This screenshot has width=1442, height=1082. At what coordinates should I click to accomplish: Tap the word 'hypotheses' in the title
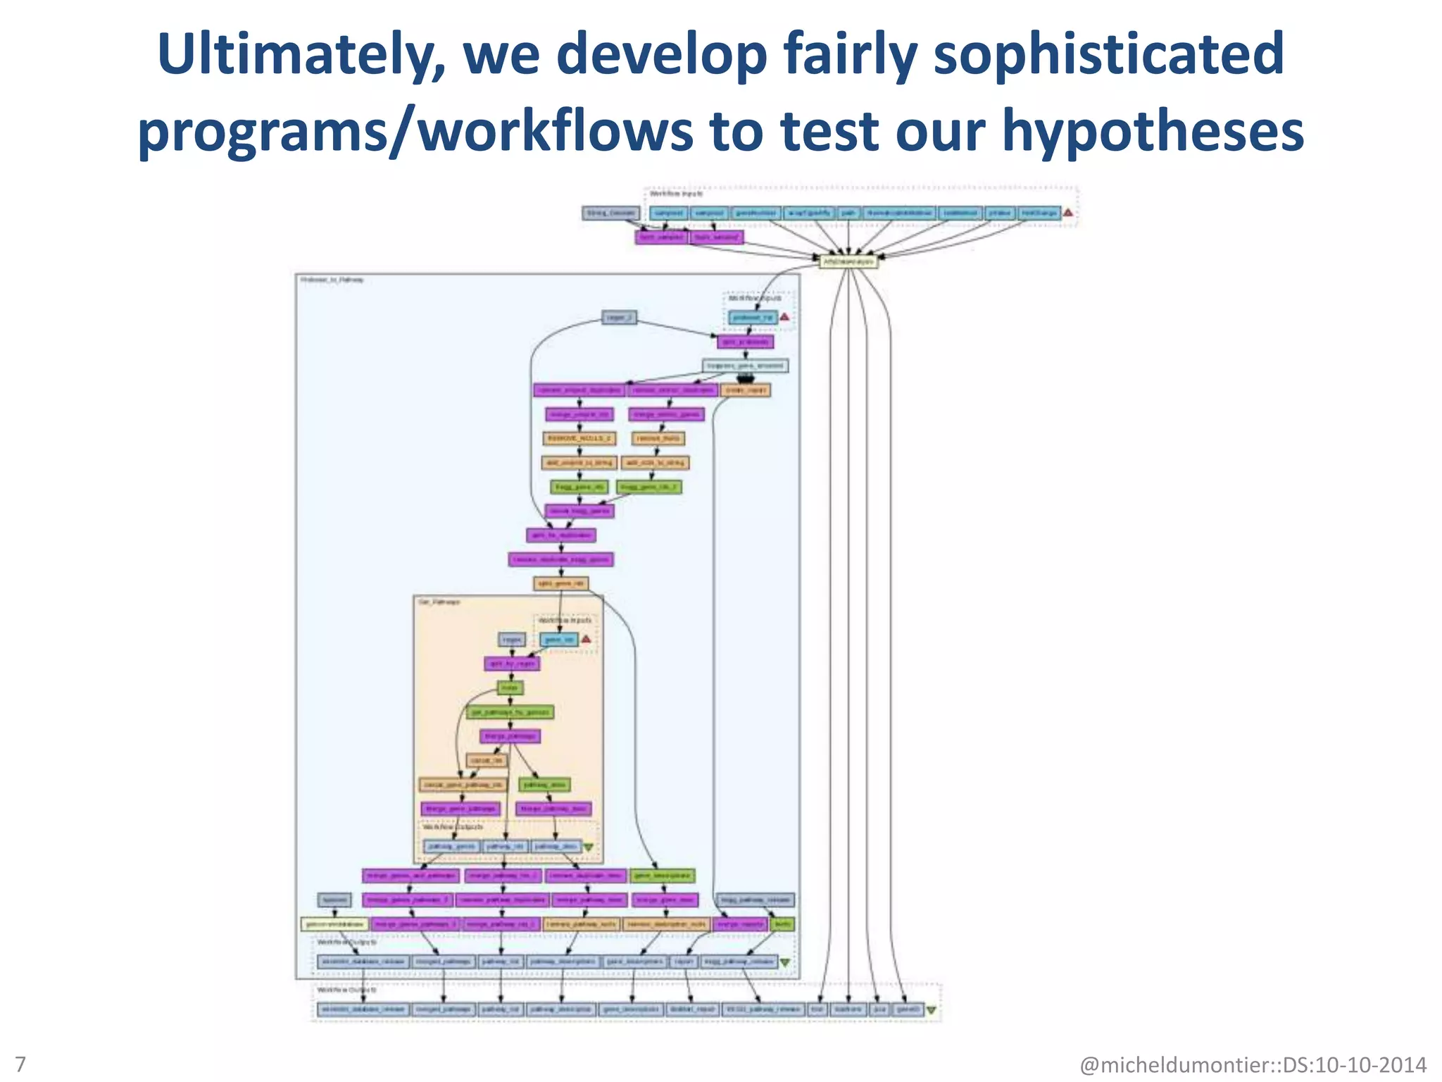pos(1153,132)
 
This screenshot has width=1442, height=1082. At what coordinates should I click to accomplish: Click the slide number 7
pos(20,1064)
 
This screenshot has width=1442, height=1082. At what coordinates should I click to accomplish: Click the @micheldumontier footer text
pos(1253,1064)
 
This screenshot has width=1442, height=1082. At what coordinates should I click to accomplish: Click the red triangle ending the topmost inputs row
pos(1068,213)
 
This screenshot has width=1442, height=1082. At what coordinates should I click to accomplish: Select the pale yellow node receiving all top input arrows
pos(848,261)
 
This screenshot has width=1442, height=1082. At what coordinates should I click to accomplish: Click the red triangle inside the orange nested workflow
pos(586,640)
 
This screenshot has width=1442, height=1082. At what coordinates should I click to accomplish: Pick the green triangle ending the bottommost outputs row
pos(932,1010)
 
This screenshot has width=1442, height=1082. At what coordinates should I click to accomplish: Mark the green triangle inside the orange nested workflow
pos(589,847)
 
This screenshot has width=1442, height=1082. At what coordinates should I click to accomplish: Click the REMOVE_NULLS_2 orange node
pos(579,439)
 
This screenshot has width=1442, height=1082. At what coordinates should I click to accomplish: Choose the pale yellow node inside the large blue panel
pos(334,924)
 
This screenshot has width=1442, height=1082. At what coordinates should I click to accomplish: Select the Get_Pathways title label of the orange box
pos(439,603)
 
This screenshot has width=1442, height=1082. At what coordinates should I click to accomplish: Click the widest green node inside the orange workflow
pos(510,712)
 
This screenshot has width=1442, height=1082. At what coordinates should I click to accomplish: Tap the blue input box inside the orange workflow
pos(559,640)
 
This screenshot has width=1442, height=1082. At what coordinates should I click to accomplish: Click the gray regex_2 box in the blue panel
pos(620,318)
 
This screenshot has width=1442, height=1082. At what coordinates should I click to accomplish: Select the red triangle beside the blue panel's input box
pos(784,318)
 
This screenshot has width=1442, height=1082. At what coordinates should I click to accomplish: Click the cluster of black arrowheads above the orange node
pos(745,379)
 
